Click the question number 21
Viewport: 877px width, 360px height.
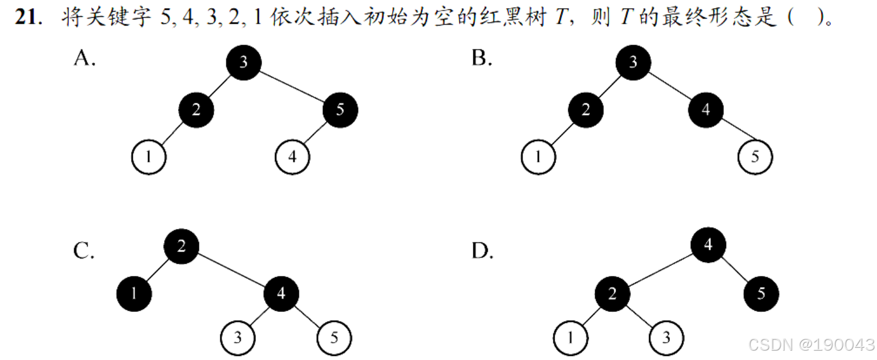[x=27, y=17]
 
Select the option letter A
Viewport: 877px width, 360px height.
[x=84, y=58]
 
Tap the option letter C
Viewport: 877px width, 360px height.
[x=84, y=251]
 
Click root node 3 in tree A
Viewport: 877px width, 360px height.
[x=243, y=62]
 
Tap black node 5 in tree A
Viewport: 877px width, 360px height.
[x=340, y=110]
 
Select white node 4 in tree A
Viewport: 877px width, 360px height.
[x=292, y=157]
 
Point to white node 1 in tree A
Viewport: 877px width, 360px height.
[x=149, y=157]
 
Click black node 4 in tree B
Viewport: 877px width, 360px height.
[x=705, y=110]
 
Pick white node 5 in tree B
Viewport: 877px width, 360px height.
[x=755, y=157]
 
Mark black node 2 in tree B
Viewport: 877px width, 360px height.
[x=585, y=110]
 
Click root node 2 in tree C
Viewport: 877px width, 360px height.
[x=181, y=246]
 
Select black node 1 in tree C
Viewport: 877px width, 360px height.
[x=133, y=293]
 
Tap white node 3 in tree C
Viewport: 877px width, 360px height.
[x=238, y=338]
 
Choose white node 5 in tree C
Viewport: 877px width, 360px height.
[x=334, y=338]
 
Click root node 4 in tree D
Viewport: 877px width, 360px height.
[x=708, y=246]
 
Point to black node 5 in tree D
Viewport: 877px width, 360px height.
[x=761, y=294]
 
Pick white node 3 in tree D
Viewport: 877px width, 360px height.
[x=666, y=337]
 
